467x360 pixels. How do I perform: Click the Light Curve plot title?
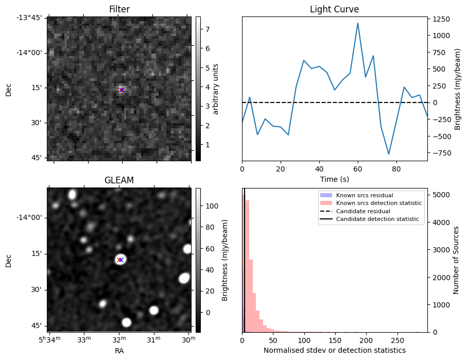click(334, 9)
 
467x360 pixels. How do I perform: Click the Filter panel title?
click(119, 9)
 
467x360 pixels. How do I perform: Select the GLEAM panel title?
click(119, 180)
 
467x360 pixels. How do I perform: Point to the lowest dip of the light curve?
click(389, 154)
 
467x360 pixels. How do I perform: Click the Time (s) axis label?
click(334, 178)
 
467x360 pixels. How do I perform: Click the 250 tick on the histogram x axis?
click(397, 340)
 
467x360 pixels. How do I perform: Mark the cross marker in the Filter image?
click(122, 90)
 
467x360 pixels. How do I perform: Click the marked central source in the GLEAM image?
click(120, 260)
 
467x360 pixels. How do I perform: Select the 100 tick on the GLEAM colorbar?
click(213, 206)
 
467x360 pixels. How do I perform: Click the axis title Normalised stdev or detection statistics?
click(334, 350)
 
